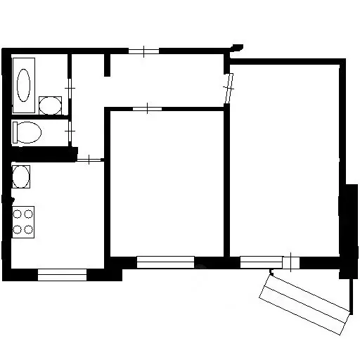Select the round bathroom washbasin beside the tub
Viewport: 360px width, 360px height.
click(49, 105)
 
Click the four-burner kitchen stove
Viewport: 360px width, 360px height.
click(23, 221)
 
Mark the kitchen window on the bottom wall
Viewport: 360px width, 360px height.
click(61, 275)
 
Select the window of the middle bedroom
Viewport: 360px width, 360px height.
click(165, 262)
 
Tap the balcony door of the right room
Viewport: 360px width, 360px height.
click(290, 262)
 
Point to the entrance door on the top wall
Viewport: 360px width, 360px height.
click(143, 51)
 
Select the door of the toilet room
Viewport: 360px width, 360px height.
click(70, 131)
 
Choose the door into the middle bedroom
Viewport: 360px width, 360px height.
click(146, 108)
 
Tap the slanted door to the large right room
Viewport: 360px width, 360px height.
click(229, 88)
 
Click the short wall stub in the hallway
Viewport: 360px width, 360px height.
click(108, 65)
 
